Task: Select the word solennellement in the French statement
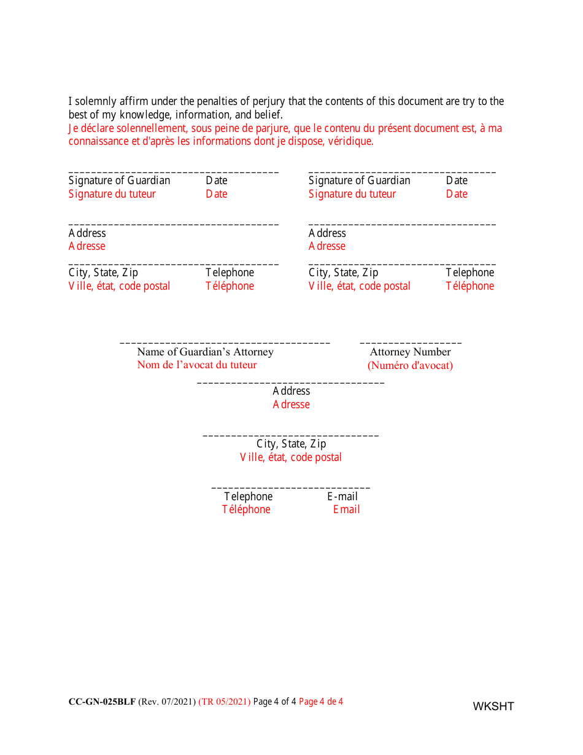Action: click(x=154, y=128)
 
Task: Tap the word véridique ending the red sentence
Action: click(x=351, y=141)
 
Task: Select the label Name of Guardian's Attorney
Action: click(x=205, y=352)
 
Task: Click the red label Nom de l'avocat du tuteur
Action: click(x=196, y=365)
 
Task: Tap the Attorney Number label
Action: click(x=410, y=352)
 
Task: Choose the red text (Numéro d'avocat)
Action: click(x=410, y=366)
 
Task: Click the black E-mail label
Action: click(x=342, y=497)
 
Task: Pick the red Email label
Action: click(x=346, y=509)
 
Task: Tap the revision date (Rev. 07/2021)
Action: click(x=167, y=702)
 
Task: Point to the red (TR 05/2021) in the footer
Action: click(x=224, y=702)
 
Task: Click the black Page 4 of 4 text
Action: click(x=274, y=702)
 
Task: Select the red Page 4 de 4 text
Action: click(x=321, y=702)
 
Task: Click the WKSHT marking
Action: click(x=493, y=707)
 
